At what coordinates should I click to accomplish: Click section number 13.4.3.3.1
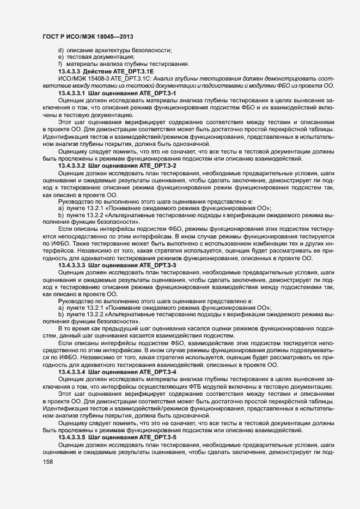tap(71, 94)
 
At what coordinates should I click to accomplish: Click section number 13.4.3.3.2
tap(71, 165)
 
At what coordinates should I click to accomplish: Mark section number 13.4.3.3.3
tap(71, 265)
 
